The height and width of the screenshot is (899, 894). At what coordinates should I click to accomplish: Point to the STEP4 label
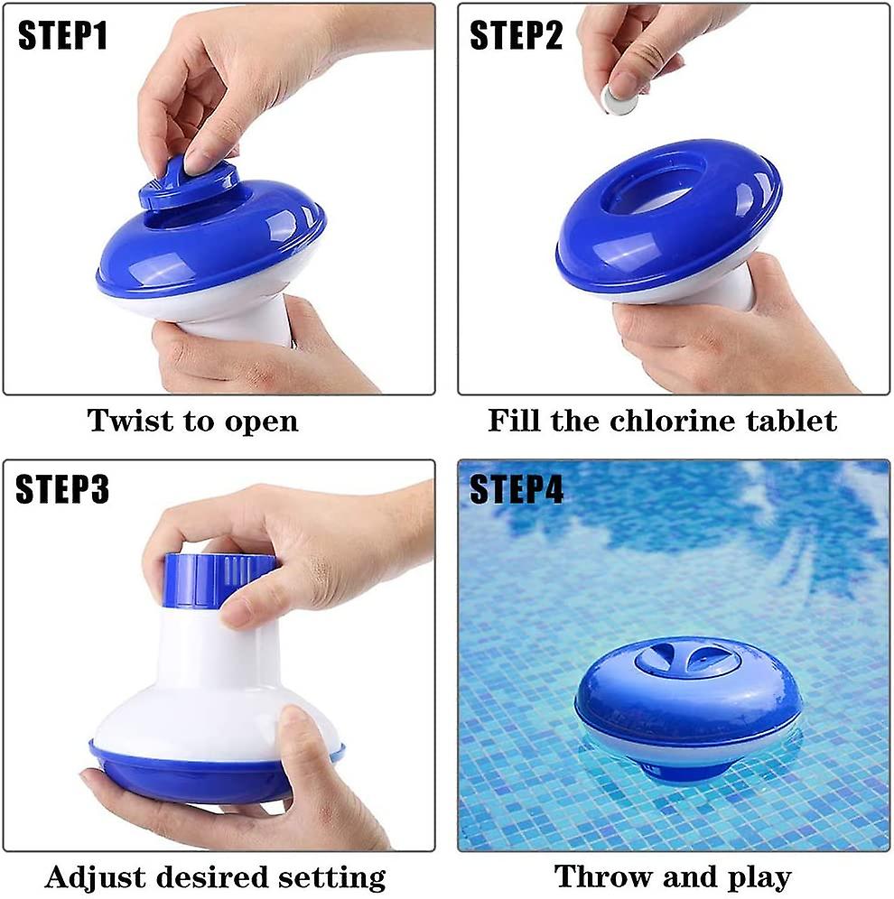click(517, 489)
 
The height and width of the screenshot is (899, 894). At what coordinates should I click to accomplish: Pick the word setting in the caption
click(333, 877)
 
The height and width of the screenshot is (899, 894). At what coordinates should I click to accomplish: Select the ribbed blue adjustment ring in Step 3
click(220, 578)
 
